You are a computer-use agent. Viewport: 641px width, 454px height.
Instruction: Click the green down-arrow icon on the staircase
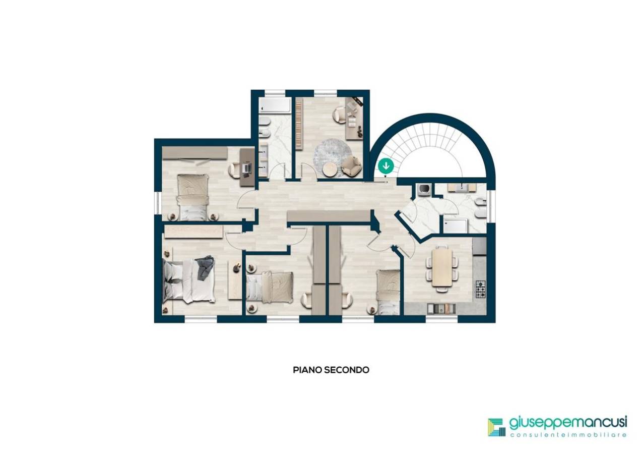coord(386,166)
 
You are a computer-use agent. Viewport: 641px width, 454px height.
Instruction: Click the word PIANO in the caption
coord(307,370)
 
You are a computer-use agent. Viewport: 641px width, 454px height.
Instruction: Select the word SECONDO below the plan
coord(347,370)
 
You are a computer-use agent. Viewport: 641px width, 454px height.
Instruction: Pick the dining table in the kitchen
coord(442,267)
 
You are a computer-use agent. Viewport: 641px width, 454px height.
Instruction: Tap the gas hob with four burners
coord(481,290)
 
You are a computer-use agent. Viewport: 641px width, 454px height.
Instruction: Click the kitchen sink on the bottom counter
coord(441,309)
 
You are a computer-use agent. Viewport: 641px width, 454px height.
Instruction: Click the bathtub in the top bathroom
coord(275,105)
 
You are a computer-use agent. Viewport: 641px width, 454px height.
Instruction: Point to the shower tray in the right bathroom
coord(455,225)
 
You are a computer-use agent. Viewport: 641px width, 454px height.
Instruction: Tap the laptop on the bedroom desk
coord(246,167)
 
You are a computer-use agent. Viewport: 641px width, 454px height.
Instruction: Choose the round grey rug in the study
coord(332,157)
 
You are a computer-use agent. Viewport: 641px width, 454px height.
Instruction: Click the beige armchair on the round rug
coord(351,166)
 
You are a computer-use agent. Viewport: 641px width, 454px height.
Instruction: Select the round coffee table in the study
coord(331,169)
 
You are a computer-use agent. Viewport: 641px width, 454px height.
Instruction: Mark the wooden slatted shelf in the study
coord(299,124)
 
